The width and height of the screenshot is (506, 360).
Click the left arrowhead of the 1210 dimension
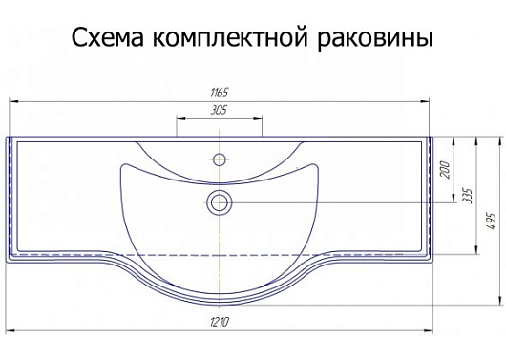coord(11,333)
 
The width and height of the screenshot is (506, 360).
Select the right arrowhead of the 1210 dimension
coord(430,333)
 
